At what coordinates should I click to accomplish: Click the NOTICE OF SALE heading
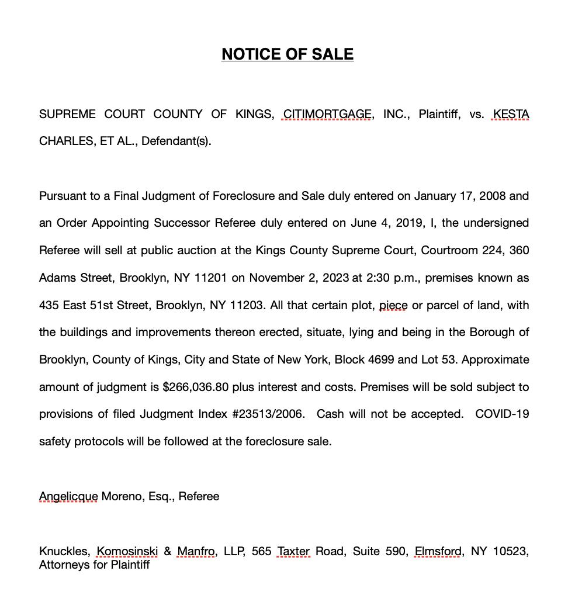(287, 54)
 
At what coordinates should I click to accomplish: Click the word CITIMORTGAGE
(327, 114)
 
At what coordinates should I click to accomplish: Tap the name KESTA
(511, 114)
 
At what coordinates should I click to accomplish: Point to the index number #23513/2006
(268, 414)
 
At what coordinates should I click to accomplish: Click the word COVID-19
(502, 414)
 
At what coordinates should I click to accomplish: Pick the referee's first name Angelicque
(68, 496)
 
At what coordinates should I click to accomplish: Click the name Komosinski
(127, 551)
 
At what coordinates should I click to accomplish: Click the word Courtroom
(449, 250)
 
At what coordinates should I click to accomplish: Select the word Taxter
(293, 551)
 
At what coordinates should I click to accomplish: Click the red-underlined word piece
(393, 305)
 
